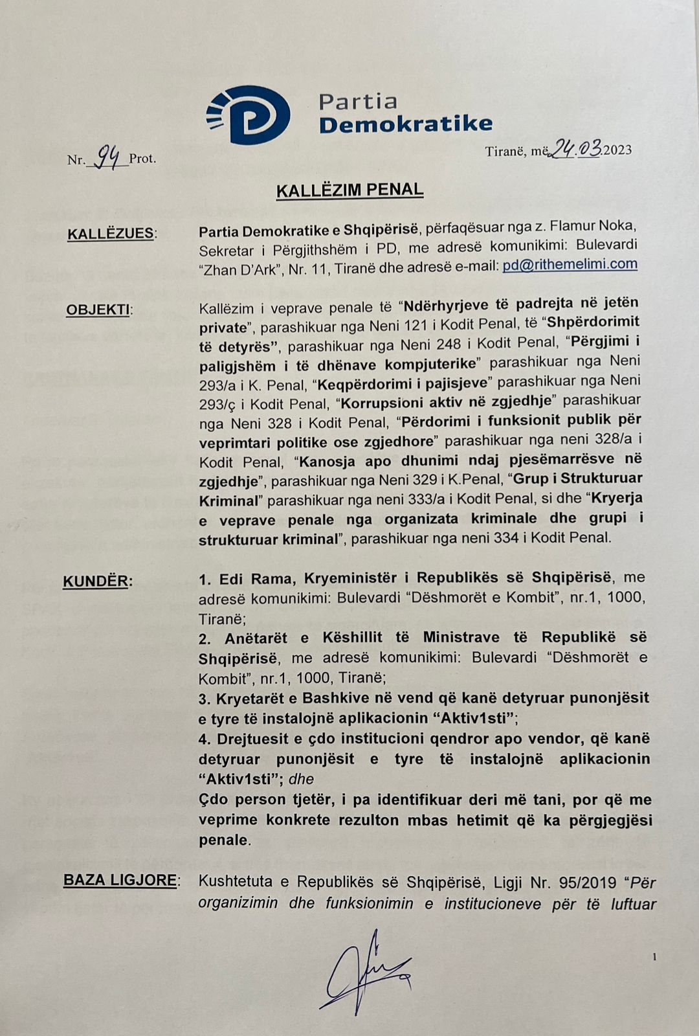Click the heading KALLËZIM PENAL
349,190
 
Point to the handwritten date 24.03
575,150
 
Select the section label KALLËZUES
111,234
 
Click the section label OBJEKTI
98,310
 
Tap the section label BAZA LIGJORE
120,880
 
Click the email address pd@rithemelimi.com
570,264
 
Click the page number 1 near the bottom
655,956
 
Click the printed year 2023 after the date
617,150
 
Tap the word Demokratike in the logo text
406,124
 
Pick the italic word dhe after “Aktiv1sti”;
301,779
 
